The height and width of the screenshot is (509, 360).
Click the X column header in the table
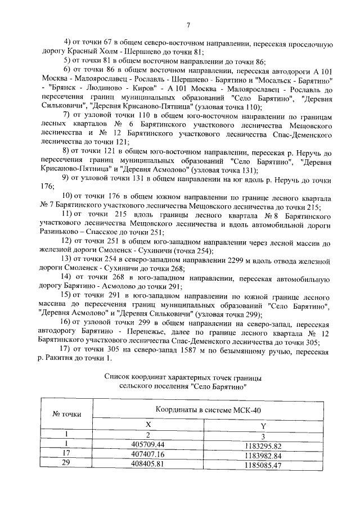[x=148, y=426]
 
